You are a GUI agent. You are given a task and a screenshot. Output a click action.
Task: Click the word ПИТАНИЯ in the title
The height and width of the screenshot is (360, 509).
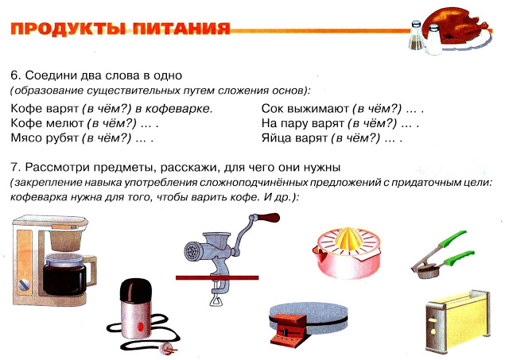181,29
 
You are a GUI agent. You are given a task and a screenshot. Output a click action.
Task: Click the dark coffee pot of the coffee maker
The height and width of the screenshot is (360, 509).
65,275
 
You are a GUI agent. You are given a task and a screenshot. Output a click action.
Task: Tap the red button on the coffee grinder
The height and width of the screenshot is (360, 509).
140,327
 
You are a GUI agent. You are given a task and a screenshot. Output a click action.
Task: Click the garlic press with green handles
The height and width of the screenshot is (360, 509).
443,254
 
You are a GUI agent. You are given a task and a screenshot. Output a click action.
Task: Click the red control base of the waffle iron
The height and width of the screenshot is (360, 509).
289,329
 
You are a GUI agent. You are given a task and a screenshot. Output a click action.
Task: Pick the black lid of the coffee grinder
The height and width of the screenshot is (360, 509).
136,290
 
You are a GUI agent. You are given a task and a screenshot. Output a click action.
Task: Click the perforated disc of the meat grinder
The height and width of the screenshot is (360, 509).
191,251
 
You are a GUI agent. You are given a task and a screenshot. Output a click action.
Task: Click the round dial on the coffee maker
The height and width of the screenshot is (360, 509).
24,285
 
